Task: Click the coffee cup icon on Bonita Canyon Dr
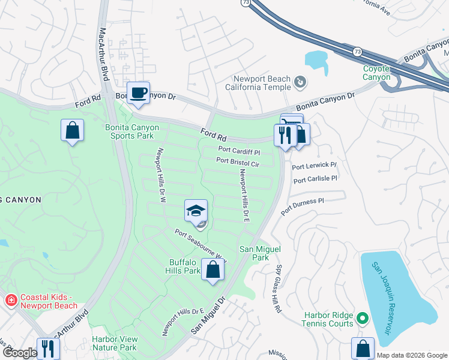(139, 93)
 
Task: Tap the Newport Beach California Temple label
(262, 83)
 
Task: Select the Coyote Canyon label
(376, 73)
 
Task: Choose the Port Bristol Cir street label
(237, 163)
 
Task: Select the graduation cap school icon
(196, 211)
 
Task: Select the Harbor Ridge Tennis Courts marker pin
(362, 317)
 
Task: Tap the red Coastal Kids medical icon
(10, 300)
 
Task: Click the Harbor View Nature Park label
(114, 343)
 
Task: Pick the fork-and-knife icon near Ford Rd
(285, 135)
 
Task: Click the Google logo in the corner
(19, 353)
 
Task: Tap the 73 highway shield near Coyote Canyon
(357, 52)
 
